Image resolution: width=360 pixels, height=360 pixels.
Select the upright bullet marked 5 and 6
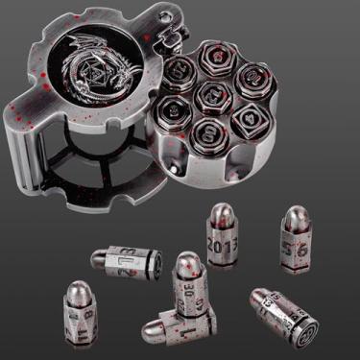tap(296, 245)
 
